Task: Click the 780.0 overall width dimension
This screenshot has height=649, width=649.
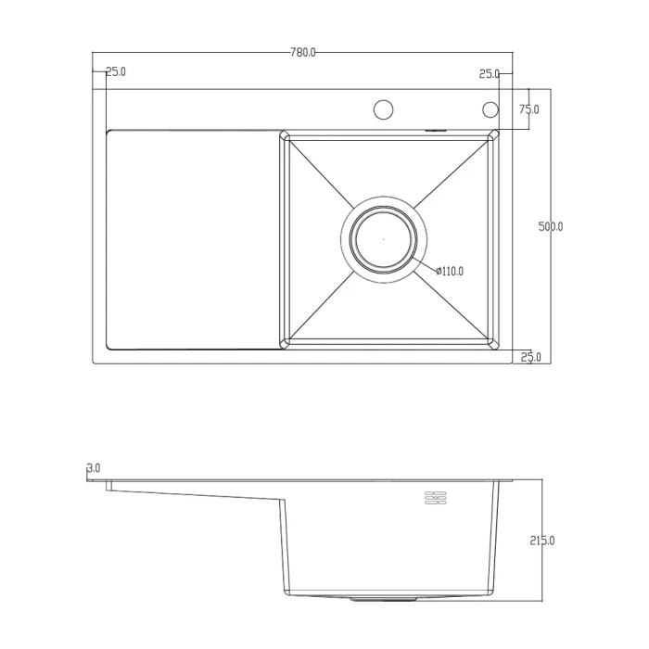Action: [303, 53]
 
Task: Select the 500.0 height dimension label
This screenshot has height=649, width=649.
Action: [551, 227]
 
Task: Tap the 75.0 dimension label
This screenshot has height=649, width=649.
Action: [529, 109]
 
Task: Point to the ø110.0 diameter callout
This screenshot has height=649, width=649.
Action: [450, 272]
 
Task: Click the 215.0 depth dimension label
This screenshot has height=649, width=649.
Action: [542, 541]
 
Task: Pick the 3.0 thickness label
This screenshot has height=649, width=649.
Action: [94, 468]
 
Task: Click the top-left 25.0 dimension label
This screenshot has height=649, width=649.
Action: [116, 71]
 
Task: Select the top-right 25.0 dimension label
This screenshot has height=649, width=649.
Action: [490, 74]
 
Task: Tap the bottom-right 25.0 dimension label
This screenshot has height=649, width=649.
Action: [530, 357]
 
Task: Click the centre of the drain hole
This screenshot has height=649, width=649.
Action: [383, 239]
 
